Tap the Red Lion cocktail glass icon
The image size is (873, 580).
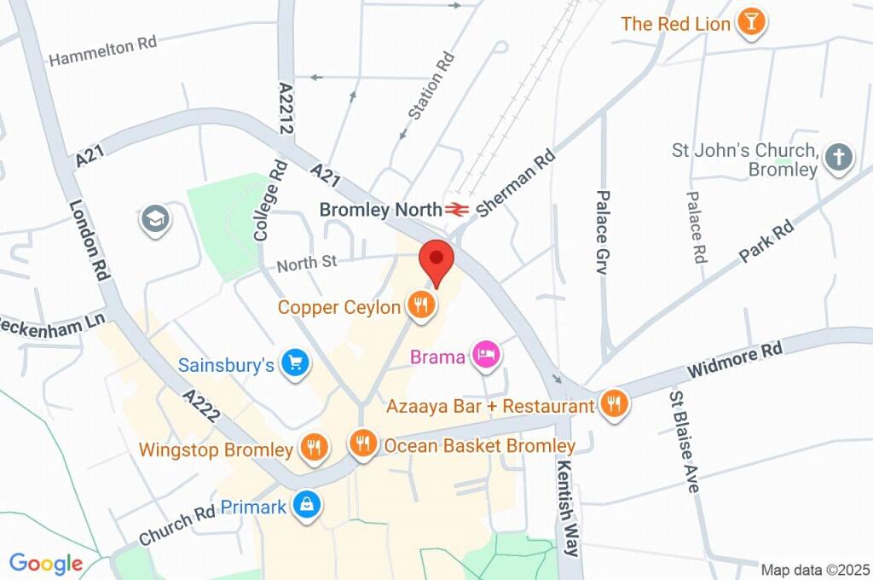click(x=751, y=23)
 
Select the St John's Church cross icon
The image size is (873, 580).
click(x=840, y=158)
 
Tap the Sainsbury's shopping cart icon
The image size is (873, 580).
click(x=296, y=364)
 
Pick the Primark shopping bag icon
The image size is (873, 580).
click(x=305, y=506)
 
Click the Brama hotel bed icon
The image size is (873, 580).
click(x=486, y=356)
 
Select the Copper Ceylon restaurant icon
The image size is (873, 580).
click(x=419, y=305)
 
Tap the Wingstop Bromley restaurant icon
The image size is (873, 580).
click(x=314, y=447)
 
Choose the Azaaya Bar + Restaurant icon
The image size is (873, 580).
click(x=614, y=404)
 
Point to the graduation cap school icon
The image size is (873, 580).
click(x=156, y=219)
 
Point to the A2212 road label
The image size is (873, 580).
click(x=286, y=108)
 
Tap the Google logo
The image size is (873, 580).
click(x=46, y=563)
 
